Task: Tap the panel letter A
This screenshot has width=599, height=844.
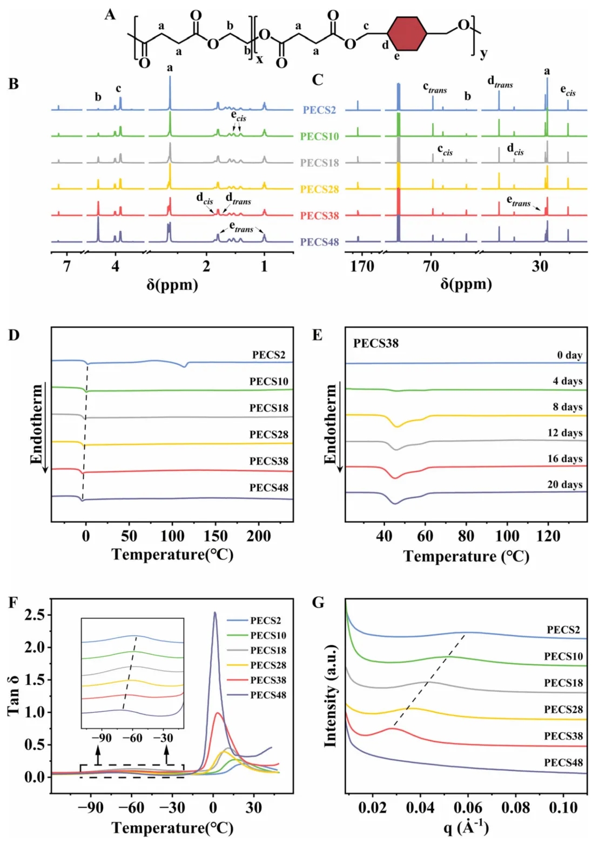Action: [110, 15]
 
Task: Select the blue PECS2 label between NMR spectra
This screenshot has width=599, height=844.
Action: [319, 110]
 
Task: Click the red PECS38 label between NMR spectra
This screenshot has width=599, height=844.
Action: [319, 215]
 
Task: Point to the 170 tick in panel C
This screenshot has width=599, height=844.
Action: [362, 266]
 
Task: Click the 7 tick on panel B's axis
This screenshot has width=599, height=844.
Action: [66, 266]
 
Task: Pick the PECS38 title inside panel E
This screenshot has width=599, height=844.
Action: [376, 343]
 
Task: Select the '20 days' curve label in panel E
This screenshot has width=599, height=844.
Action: [564, 484]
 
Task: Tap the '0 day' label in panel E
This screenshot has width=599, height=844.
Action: [569, 355]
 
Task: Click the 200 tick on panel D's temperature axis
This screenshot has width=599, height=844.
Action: [259, 536]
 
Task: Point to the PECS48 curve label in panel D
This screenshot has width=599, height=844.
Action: [268, 488]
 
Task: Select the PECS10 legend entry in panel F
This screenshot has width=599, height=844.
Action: [268, 636]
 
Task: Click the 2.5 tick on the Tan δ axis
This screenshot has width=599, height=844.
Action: [35, 615]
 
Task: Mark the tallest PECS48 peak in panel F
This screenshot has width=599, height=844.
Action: [215, 613]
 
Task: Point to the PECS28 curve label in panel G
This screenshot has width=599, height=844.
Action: [563, 710]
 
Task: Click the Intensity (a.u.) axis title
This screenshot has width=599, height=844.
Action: [330, 697]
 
